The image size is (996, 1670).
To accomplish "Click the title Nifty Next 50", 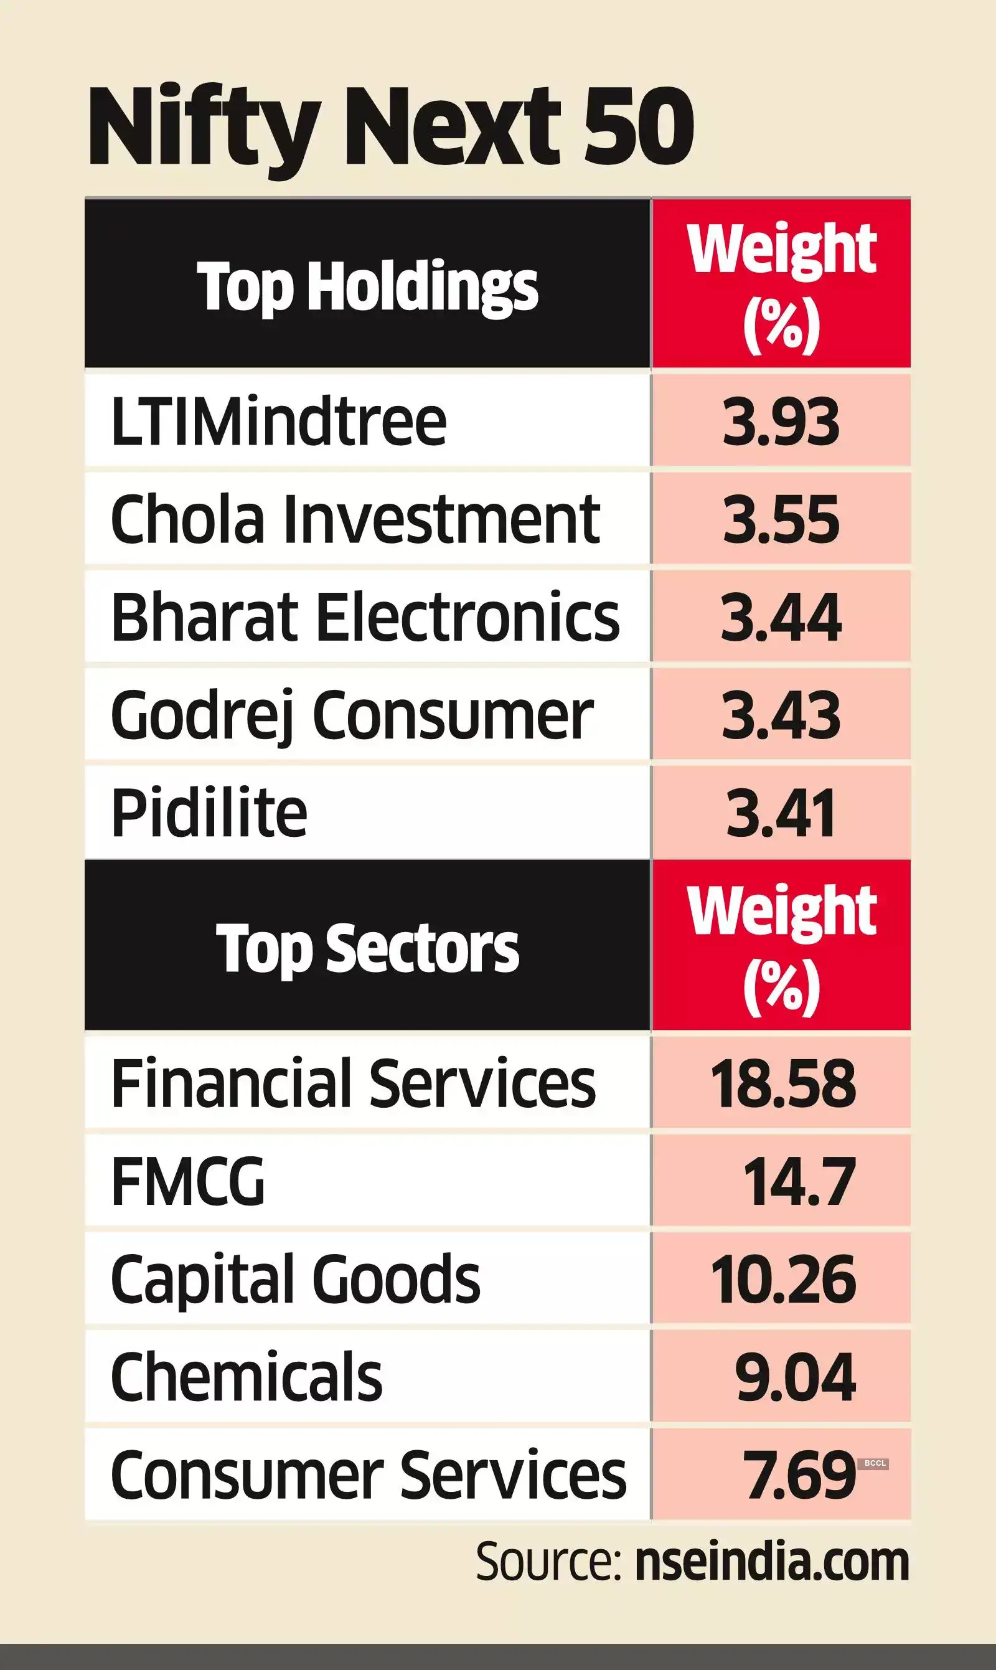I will click(390, 128).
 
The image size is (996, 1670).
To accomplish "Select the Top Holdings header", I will click(367, 286).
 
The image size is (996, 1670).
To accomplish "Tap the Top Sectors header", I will click(367, 947).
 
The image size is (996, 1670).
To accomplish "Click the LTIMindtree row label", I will click(278, 422).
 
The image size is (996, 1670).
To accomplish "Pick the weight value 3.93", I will click(781, 422).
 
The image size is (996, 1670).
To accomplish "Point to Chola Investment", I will click(355, 519).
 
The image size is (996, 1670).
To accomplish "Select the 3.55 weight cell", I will click(781, 519).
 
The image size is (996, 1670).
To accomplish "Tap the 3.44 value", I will click(781, 617).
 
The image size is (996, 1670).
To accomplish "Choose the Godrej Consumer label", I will click(352, 715).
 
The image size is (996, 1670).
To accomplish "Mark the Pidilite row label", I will click(209, 813).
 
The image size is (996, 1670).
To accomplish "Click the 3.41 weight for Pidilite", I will click(781, 813).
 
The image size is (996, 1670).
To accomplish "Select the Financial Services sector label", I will click(353, 1083).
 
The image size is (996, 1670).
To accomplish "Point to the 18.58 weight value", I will click(782, 1083).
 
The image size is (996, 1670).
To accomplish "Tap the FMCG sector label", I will click(188, 1181).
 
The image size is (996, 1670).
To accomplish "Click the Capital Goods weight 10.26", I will click(782, 1279).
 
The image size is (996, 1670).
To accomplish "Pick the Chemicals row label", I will click(247, 1377).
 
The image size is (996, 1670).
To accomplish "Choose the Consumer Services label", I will click(369, 1474).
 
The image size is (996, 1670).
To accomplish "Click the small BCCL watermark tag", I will click(875, 1463).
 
